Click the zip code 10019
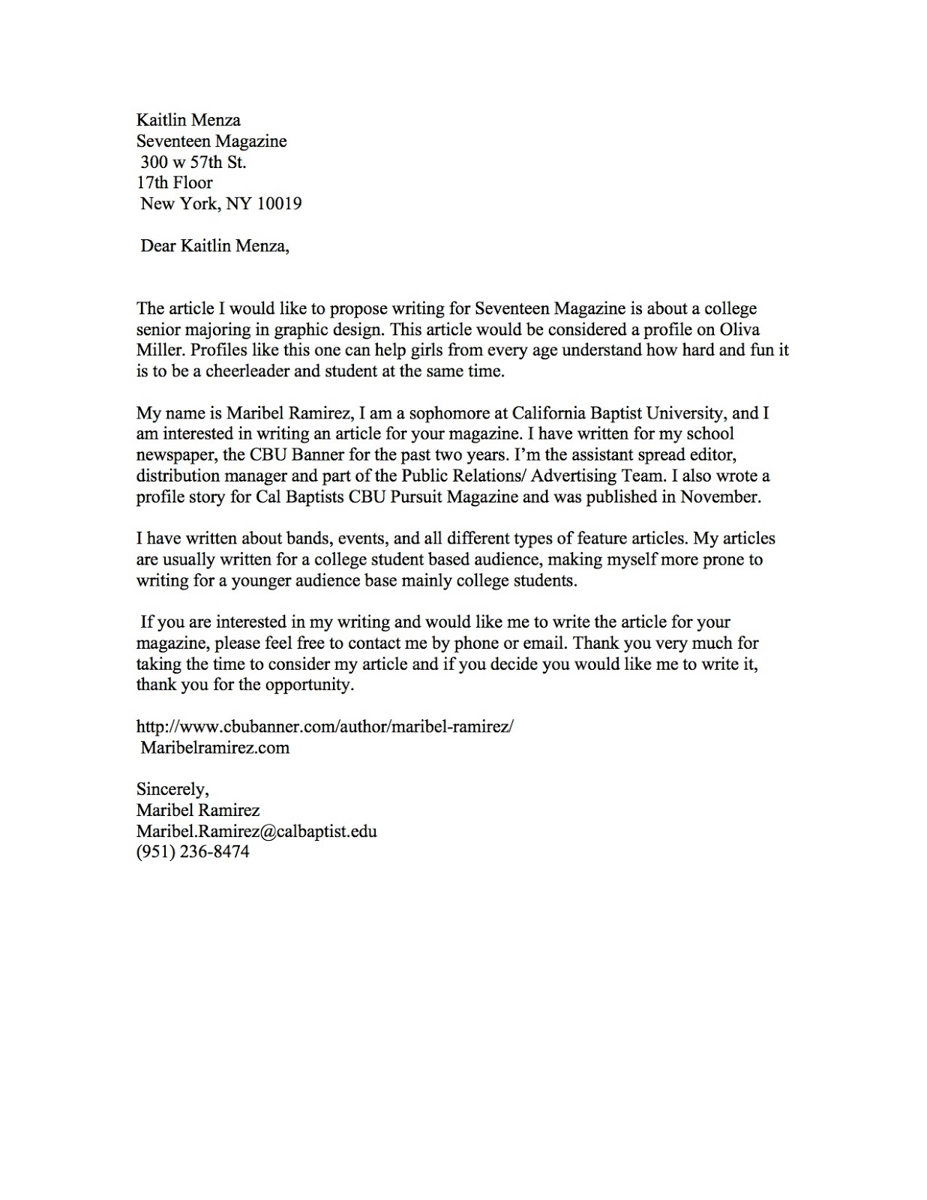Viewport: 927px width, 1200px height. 279,204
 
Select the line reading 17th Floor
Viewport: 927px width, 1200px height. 174,183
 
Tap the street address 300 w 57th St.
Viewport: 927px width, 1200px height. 193,162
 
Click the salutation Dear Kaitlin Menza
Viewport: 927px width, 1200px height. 214,247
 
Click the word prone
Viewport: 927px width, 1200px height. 701,559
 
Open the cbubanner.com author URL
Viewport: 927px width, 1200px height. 324,727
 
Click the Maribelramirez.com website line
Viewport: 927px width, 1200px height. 214,748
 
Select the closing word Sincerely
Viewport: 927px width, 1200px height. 172,789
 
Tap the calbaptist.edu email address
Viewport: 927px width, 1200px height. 256,831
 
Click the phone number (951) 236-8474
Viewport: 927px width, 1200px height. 192,852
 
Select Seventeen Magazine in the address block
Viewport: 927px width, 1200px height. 211,141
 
